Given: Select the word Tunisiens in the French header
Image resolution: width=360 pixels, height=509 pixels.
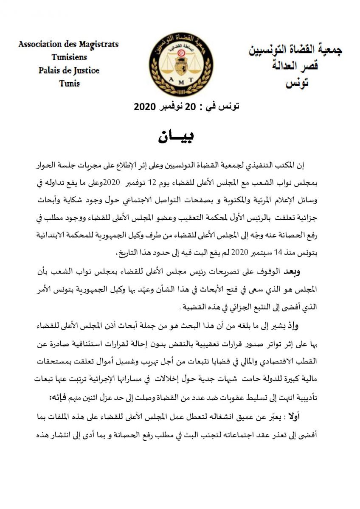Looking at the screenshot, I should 69,57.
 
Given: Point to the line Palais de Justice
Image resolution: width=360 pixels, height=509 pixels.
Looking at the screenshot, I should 69,70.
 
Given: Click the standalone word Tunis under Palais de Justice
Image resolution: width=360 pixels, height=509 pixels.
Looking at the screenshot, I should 70,83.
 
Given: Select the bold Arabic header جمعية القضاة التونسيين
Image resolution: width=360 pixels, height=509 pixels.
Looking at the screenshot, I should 295,50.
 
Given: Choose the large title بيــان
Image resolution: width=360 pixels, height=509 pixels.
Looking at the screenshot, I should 176,137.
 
